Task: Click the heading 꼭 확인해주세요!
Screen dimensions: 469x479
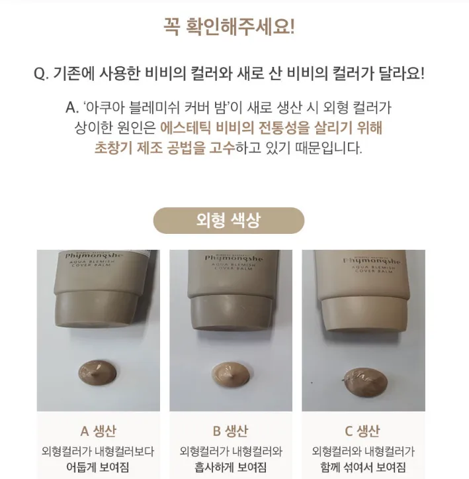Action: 229,27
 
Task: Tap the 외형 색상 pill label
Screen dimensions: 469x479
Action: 229,220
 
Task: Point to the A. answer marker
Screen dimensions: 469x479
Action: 72,107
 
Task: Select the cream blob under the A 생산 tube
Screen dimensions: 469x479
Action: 98,373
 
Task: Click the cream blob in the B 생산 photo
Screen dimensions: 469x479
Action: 231,373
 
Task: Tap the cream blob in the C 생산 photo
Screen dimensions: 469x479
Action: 365,383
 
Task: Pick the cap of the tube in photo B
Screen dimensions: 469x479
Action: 232,314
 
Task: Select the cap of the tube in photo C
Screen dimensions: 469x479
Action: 364,315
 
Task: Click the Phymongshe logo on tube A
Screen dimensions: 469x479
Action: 94,255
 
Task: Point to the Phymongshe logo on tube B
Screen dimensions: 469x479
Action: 234,258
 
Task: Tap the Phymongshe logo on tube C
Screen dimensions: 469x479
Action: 371,261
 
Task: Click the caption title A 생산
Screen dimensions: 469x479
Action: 98,431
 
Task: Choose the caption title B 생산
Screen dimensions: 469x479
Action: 230,431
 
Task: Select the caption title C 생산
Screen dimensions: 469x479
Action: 362,431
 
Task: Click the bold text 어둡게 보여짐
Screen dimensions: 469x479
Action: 98,467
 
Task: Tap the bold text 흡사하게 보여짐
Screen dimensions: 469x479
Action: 231,467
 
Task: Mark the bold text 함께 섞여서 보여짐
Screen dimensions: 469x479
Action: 363,467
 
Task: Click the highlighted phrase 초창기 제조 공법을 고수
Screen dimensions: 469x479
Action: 165,148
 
